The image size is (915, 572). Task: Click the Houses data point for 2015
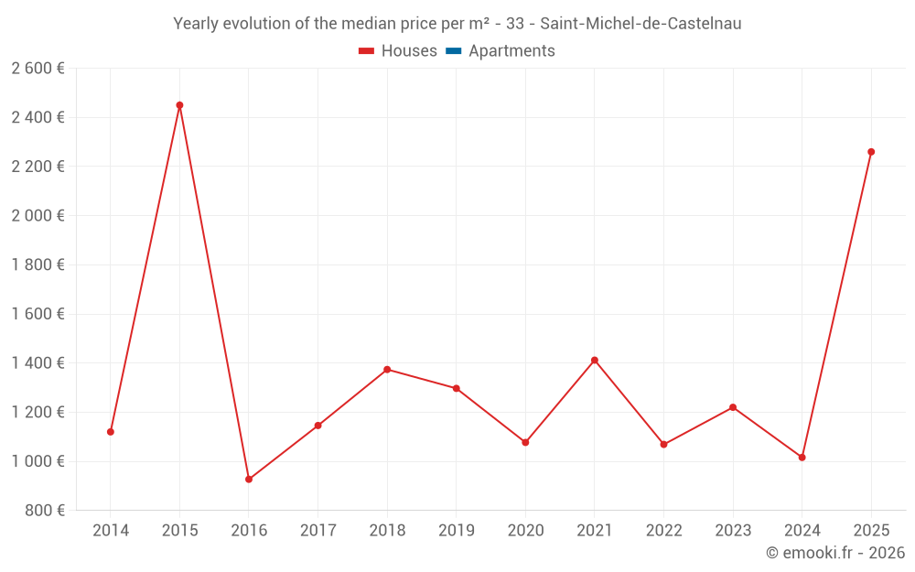179,105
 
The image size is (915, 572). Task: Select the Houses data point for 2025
871,152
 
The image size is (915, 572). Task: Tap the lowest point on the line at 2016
249,479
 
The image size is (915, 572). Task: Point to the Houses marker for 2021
595,361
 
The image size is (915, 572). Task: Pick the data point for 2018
387,370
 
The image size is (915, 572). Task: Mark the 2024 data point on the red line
802,457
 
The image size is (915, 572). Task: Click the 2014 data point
111,432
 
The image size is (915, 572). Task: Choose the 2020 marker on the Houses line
525,442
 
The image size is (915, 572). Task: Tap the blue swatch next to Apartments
453,51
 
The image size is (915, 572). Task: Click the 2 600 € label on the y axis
38,68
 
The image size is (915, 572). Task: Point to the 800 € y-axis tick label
44,511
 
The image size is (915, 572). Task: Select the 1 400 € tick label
38,363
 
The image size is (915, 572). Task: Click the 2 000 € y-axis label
38,216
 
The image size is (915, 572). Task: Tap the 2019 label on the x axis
456,531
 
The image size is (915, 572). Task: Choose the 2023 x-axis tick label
732,531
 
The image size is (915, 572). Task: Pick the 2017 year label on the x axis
318,531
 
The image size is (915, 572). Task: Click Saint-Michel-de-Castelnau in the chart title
640,24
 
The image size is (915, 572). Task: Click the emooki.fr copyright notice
835,553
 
